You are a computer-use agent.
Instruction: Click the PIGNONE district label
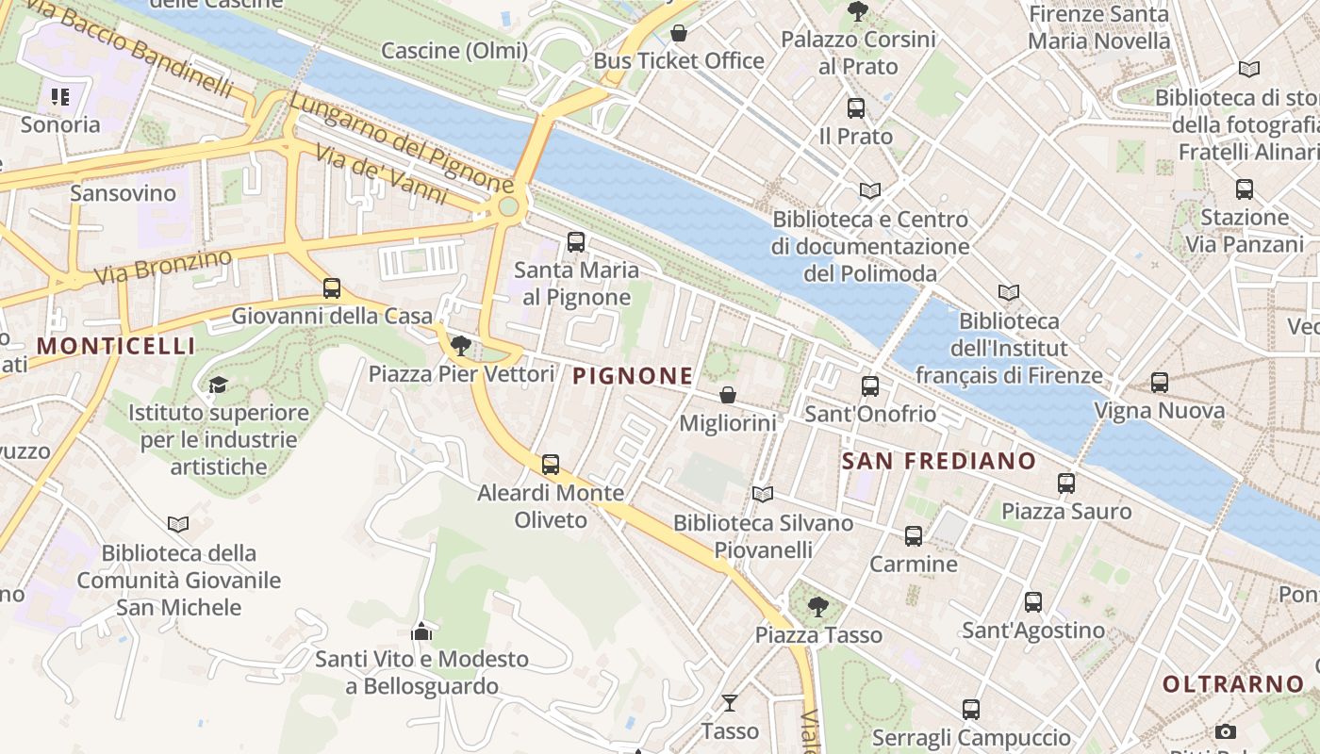coord(633,376)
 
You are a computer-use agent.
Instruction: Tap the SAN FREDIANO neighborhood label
coord(938,461)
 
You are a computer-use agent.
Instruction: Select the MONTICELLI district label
coord(116,346)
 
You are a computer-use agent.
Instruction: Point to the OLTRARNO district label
coord(1233,684)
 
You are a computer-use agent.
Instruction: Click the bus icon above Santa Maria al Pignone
coord(576,242)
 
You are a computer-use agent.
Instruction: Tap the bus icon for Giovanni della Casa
coord(332,288)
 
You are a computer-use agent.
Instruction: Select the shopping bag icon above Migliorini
coord(728,395)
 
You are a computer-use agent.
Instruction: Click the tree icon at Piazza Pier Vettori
coord(461,346)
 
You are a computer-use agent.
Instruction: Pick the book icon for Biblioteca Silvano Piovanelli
coord(763,494)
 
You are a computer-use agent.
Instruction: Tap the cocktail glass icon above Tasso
coord(730,702)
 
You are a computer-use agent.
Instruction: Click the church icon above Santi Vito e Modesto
coord(421,631)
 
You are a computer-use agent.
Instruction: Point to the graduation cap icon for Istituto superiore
coord(219,385)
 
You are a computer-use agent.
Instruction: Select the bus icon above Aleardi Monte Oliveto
coord(551,465)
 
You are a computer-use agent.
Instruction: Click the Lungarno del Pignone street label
coord(402,140)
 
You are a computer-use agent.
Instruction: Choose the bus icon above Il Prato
coord(856,108)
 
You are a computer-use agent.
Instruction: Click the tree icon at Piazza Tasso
coord(818,606)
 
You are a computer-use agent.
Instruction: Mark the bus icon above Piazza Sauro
coord(1066,484)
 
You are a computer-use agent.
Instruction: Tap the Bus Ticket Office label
coord(679,60)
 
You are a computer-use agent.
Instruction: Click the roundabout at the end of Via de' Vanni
coord(508,205)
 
